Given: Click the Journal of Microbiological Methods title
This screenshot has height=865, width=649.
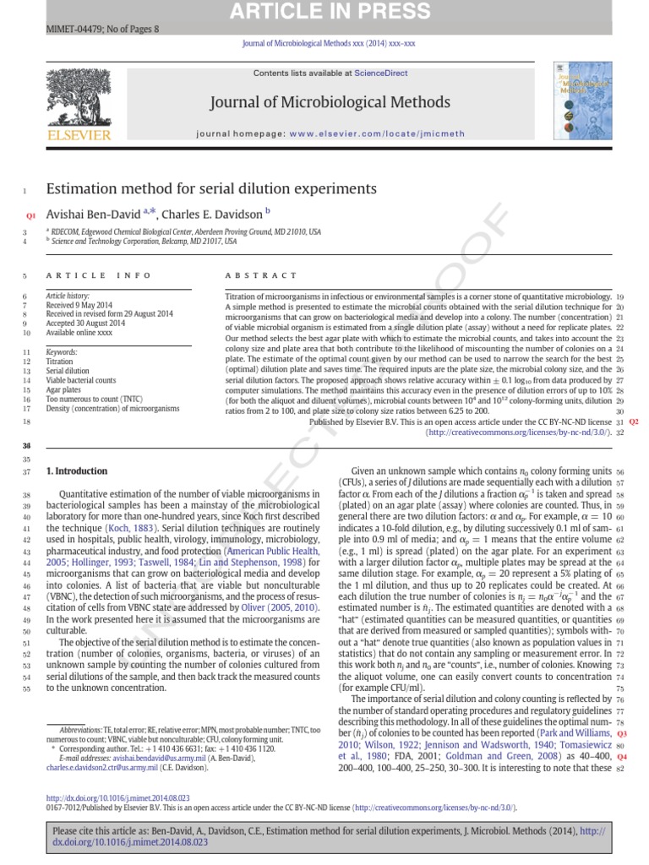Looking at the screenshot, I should coord(330,103).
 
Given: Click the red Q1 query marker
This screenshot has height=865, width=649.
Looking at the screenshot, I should coord(31,216).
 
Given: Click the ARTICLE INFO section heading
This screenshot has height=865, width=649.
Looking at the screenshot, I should coord(99,275).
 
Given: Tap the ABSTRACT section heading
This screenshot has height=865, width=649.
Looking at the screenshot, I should coord(261,275).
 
